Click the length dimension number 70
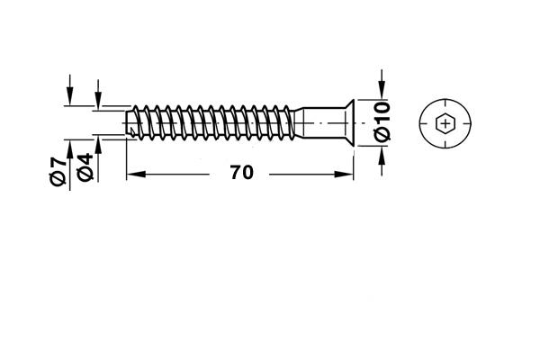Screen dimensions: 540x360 coord(242,173)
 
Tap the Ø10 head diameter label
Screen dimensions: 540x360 coord(383,121)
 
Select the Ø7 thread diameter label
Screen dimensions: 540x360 coord(58,171)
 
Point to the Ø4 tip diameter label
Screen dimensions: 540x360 coord(85,167)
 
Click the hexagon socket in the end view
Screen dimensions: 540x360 coord(445,123)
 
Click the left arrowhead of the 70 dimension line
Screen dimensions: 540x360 coord(136,175)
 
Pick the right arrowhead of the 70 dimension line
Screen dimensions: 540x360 coord(344,175)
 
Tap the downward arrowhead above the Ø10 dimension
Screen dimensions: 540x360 coord(382,90)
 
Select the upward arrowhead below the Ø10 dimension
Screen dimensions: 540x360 coord(382,156)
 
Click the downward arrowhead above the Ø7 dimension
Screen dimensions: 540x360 coord(70,96)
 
